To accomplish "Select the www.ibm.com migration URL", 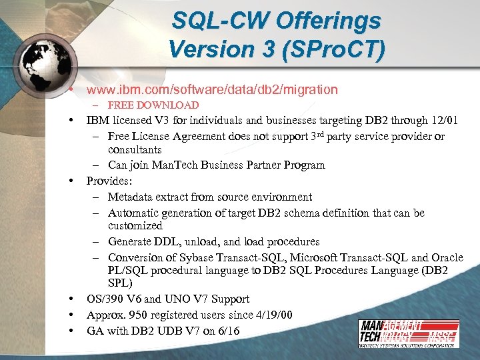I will [212, 89].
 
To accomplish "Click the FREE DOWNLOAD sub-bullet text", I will [153, 105].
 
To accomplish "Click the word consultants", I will [135, 149].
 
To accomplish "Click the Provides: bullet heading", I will [111, 181].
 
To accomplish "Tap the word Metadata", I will [131, 197].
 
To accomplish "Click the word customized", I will [135, 226].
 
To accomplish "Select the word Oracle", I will [447, 257].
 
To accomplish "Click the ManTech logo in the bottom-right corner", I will [407, 334].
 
